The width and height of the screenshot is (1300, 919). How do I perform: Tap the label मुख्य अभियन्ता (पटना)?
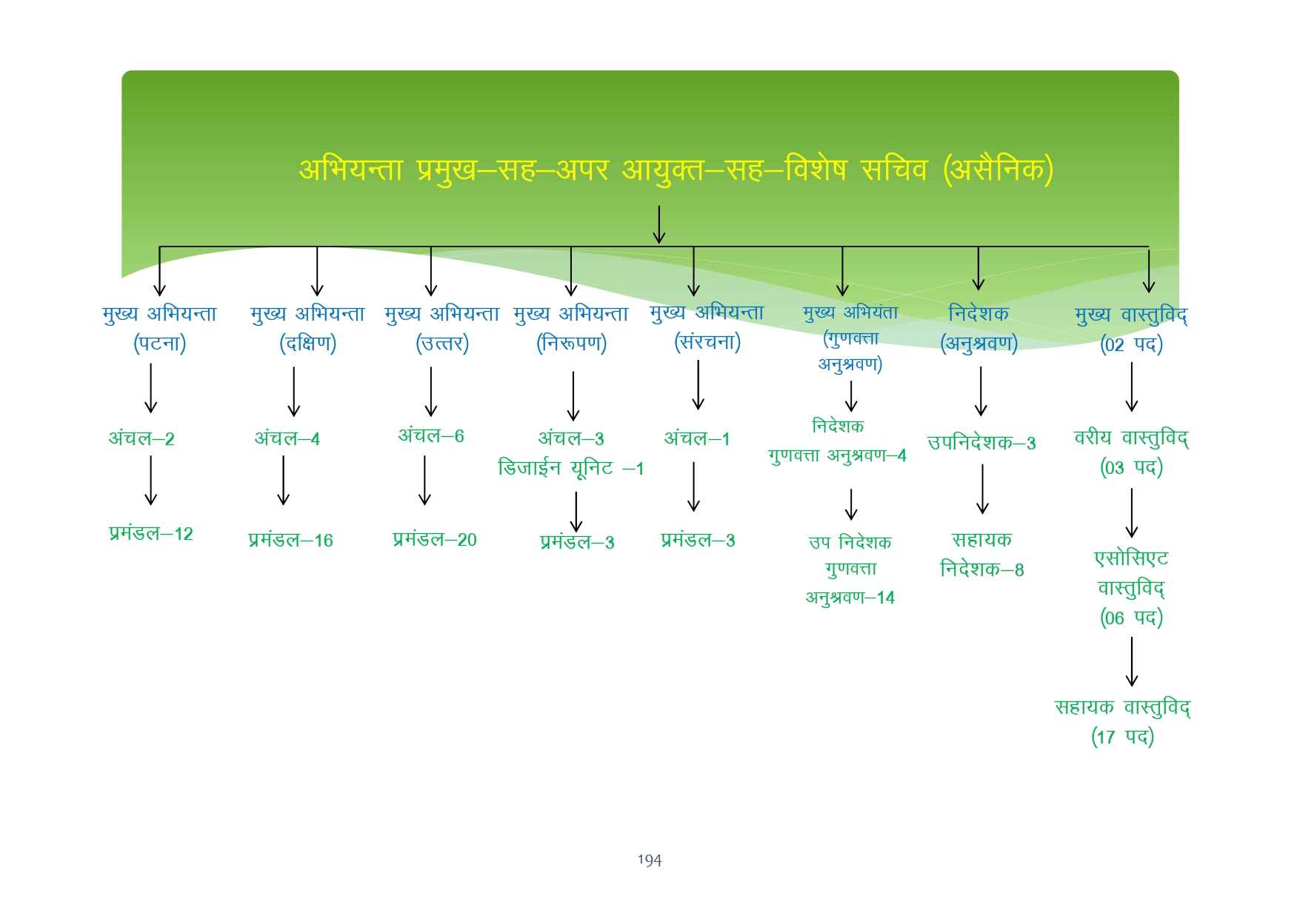click(x=159, y=328)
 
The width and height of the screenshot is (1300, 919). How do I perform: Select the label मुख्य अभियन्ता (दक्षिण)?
click(x=307, y=328)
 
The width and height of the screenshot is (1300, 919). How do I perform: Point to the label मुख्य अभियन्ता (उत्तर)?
click(x=442, y=328)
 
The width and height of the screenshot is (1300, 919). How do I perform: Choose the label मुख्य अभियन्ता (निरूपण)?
click(x=571, y=328)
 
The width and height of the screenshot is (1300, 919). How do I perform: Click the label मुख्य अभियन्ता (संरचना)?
click(x=707, y=327)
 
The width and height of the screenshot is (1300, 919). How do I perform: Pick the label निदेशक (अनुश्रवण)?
click(x=979, y=328)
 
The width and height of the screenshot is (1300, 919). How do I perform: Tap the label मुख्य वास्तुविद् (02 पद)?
click(x=1131, y=330)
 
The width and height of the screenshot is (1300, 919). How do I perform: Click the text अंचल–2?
click(x=141, y=438)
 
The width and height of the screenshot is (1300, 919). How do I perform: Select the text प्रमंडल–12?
click(x=151, y=533)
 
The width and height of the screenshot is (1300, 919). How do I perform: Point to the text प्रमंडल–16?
click(x=290, y=540)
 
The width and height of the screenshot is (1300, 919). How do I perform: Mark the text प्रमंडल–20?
click(x=435, y=539)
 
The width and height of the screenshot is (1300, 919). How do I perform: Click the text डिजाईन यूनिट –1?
click(x=571, y=468)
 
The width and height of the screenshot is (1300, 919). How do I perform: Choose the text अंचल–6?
click(x=431, y=435)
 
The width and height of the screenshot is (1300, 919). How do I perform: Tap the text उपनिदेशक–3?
click(x=981, y=443)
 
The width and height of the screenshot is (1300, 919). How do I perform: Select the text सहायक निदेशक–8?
click(x=982, y=554)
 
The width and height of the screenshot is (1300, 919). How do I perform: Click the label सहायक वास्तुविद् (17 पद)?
click(x=1122, y=721)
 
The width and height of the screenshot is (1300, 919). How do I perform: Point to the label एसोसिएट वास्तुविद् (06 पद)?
click(x=1131, y=587)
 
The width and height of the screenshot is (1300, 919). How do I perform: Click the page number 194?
click(x=650, y=860)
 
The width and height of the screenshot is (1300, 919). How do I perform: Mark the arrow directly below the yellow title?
click(x=659, y=224)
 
